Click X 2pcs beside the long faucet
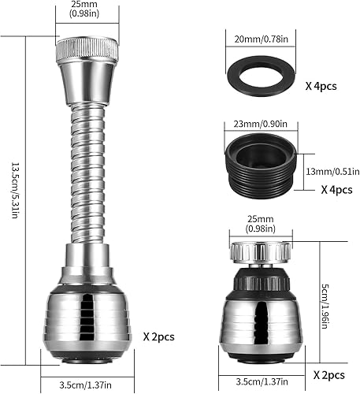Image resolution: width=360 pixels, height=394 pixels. (x=158, y=336)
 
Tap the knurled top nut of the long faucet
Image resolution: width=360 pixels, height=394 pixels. (x=87, y=50)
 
